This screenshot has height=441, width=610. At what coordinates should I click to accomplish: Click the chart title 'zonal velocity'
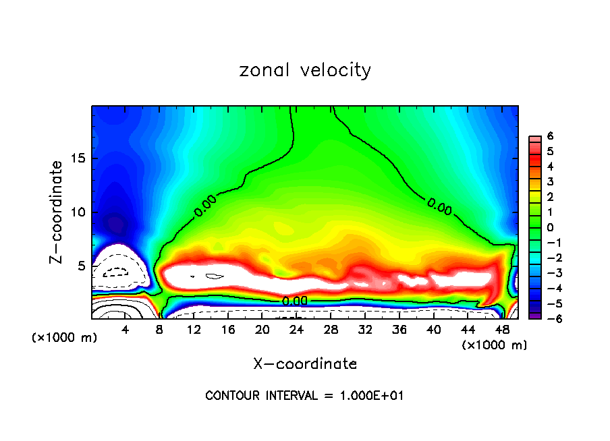(x=305, y=70)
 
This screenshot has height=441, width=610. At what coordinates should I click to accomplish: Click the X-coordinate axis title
(x=305, y=364)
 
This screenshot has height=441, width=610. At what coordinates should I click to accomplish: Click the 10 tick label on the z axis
(x=76, y=212)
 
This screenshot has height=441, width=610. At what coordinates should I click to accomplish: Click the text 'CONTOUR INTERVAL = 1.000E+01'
(x=304, y=396)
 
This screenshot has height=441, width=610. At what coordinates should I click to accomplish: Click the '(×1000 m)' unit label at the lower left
(x=65, y=338)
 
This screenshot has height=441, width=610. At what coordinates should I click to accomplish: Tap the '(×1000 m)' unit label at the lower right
(x=495, y=345)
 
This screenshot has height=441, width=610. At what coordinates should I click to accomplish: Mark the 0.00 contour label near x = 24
(x=295, y=301)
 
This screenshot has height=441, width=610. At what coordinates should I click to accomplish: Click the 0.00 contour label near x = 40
(x=439, y=207)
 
